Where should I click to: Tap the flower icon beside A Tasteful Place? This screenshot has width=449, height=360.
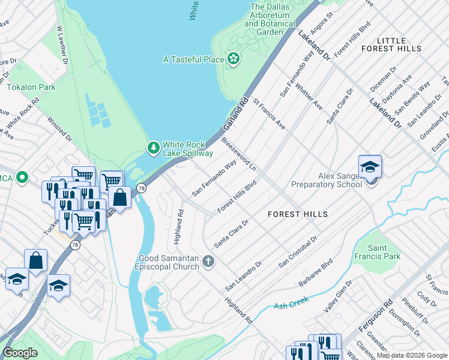[233, 59]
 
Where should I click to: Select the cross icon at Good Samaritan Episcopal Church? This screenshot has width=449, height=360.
[208, 260]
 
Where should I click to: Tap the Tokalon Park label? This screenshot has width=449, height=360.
[31, 87]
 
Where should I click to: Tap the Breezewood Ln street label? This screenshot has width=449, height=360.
[239, 154]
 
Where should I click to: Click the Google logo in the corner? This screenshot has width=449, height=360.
[20, 353]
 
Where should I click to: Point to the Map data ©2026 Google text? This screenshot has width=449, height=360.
[412, 355]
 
